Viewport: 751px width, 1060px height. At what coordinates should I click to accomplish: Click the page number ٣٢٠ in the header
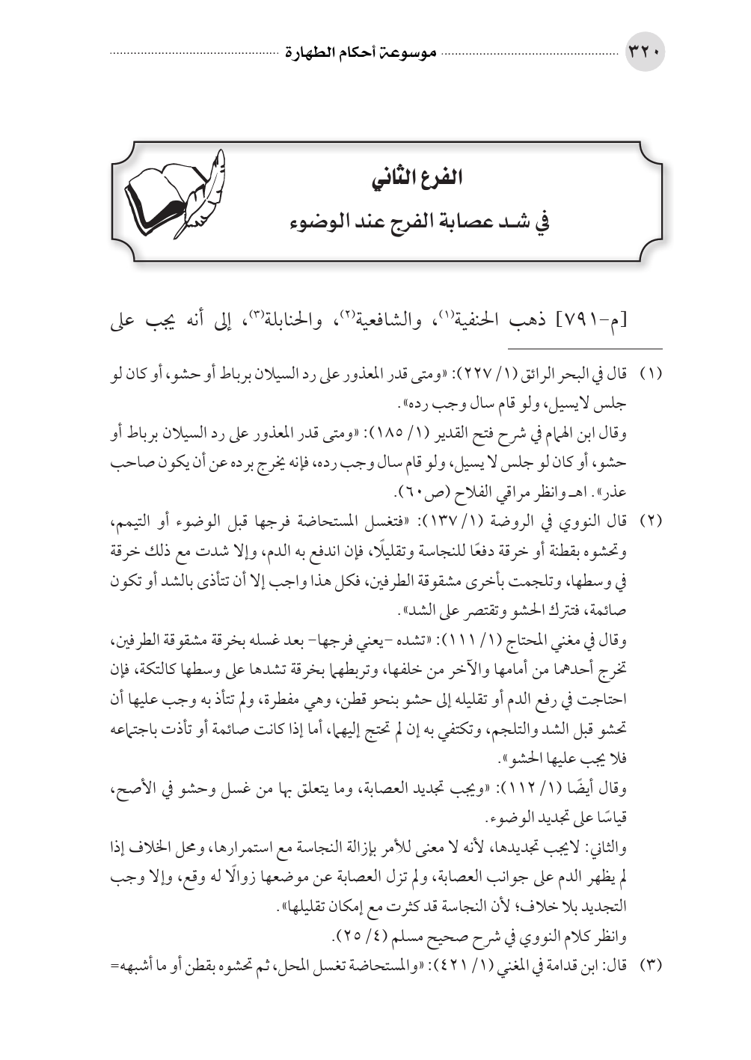[x=644, y=55]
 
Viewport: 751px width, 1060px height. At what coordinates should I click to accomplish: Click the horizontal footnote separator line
[x=586, y=349]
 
